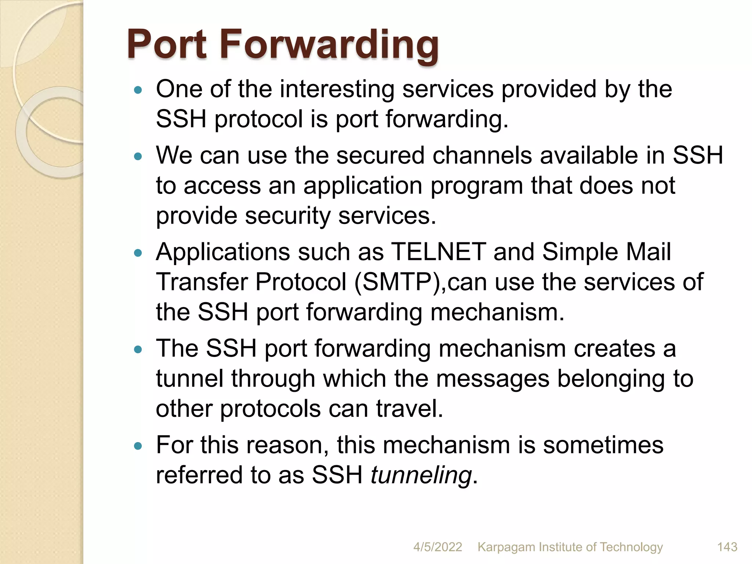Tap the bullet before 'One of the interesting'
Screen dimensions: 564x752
(x=138, y=90)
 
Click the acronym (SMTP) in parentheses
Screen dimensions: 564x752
(x=399, y=282)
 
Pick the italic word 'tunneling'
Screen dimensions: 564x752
(x=421, y=475)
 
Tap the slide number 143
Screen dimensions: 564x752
(x=727, y=547)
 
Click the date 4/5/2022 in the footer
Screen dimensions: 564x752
(x=437, y=547)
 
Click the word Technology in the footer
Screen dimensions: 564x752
(x=631, y=547)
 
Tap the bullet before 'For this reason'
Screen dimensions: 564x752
(x=138, y=446)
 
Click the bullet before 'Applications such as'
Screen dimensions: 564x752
(x=138, y=253)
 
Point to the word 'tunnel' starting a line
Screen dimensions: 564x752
(x=189, y=379)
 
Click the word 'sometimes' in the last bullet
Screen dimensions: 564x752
(x=603, y=445)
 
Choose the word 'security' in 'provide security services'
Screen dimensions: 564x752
(x=288, y=216)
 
